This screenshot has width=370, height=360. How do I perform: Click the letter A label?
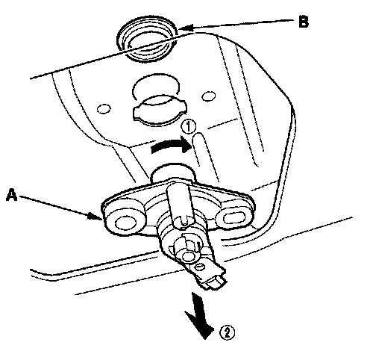12,194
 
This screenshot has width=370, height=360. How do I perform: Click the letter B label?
304,22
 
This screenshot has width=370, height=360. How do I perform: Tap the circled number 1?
188,126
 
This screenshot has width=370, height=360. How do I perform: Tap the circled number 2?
227,332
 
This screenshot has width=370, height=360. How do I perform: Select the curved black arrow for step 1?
172,145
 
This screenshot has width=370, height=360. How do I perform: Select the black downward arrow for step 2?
200,316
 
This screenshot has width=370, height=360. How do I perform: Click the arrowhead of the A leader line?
95,217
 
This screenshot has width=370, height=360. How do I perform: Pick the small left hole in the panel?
104,109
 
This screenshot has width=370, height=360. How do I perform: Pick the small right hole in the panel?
208,96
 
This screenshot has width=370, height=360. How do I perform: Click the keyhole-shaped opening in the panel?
159,111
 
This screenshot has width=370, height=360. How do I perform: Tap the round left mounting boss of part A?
124,221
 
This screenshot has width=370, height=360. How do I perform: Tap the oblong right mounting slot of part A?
233,217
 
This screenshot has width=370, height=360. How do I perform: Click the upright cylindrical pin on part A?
178,204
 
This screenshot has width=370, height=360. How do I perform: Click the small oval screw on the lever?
199,267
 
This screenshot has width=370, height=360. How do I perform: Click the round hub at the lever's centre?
187,252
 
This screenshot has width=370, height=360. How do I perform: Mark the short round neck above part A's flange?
172,173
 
